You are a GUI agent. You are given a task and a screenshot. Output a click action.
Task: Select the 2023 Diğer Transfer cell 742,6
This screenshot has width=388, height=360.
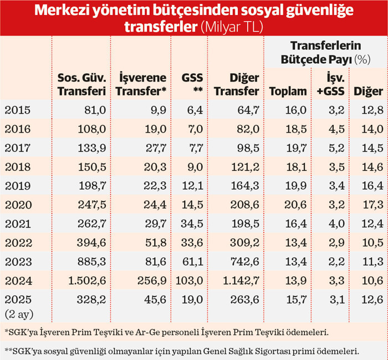(242, 261)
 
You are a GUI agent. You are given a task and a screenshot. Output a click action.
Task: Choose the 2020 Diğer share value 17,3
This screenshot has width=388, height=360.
(367, 205)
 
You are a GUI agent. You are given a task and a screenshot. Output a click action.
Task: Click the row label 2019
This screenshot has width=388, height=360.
(17, 186)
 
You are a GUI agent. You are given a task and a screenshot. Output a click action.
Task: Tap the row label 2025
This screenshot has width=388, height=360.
(17, 299)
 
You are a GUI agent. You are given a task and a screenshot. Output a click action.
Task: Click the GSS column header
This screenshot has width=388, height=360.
(192, 85)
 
